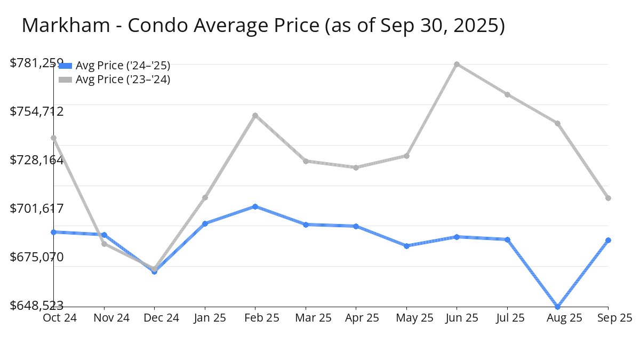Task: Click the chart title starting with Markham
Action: point(263,26)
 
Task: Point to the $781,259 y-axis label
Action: point(37,63)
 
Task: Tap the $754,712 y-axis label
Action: point(37,111)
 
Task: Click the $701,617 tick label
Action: point(37,209)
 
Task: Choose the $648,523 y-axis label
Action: point(37,306)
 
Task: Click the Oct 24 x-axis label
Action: point(59,318)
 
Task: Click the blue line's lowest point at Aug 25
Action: point(558,307)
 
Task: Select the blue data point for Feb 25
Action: point(255,206)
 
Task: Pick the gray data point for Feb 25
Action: point(255,115)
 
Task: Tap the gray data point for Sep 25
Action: point(609,198)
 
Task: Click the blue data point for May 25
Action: point(406,246)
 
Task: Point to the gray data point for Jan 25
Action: point(205,197)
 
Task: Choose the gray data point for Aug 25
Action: point(558,123)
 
